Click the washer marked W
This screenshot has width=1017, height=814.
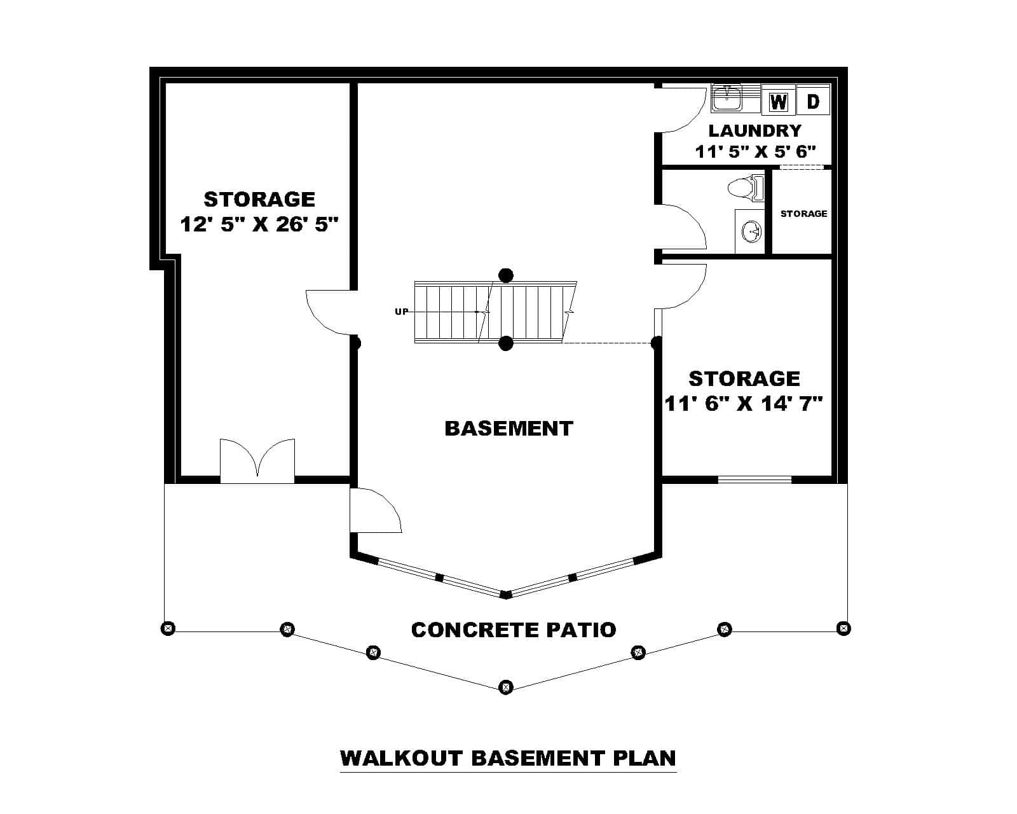point(778,101)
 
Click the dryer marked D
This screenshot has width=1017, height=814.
point(813,100)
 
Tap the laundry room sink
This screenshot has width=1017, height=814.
point(727,99)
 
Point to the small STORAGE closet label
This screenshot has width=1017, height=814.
point(803,214)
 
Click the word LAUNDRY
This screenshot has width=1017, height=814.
point(755,131)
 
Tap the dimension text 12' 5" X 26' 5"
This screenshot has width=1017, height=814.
point(259,224)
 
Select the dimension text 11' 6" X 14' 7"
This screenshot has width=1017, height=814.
point(744,403)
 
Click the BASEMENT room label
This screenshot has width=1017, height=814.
point(508,429)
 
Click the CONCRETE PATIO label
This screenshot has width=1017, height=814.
point(514,630)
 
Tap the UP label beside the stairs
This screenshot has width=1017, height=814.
point(402,312)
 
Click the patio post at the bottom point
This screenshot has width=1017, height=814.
point(505,687)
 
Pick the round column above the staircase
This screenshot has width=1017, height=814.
point(505,275)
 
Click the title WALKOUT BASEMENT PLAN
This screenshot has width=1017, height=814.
point(508,759)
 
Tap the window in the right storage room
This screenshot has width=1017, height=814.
point(754,479)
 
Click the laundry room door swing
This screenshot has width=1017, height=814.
point(683,111)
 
